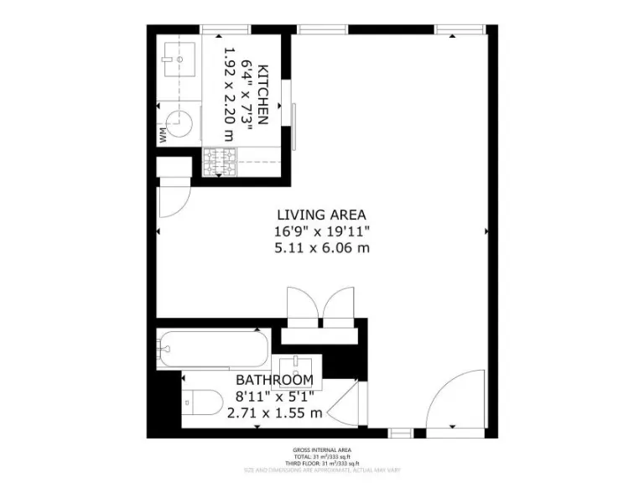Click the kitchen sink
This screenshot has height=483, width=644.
pyautogui.click(x=179, y=60)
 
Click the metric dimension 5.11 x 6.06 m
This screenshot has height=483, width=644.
pyautogui.click(x=322, y=247)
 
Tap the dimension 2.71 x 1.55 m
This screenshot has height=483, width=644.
pyautogui.click(x=274, y=413)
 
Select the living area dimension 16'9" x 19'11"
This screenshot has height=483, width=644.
pyautogui.click(x=322, y=231)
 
